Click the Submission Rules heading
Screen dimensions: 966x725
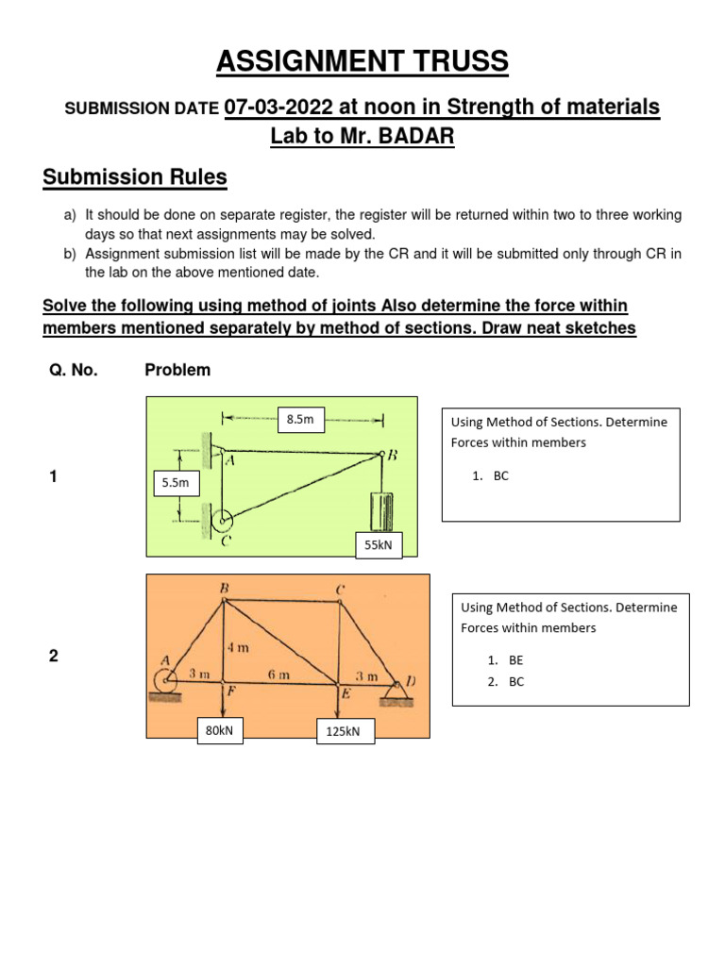pyautogui.click(x=135, y=177)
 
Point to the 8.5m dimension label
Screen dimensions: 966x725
pyautogui.click(x=300, y=419)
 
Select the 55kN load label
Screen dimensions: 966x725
pyautogui.click(x=378, y=544)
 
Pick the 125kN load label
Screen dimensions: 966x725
pyautogui.click(x=345, y=732)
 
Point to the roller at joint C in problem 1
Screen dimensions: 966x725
pyautogui.click(x=223, y=519)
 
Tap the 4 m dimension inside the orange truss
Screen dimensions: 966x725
pyautogui.click(x=237, y=648)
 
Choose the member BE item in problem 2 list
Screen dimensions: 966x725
pyautogui.click(x=515, y=661)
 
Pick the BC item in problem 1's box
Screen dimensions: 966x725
pyautogui.click(x=500, y=475)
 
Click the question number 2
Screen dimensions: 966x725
pyautogui.click(x=54, y=657)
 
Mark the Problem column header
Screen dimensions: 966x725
pyautogui.click(x=177, y=370)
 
